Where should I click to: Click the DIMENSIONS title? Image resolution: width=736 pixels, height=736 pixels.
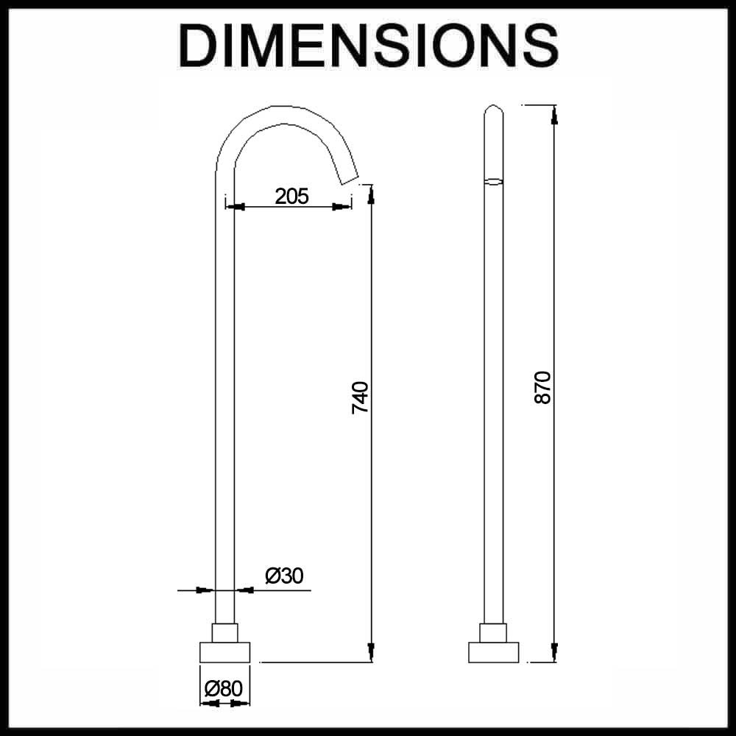click(x=369, y=46)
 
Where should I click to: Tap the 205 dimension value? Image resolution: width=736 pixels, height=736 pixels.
click(x=291, y=197)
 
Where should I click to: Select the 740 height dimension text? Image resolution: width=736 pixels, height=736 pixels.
click(x=361, y=397)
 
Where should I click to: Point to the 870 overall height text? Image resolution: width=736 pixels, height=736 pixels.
click(x=542, y=387)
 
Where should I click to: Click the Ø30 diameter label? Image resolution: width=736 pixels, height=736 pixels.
click(x=284, y=576)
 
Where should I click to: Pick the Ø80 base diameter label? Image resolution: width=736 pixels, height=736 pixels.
click(x=224, y=689)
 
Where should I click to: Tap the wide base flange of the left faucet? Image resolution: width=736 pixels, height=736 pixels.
click(x=224, y=652)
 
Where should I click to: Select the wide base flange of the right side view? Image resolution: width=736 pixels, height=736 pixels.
click(x=493, y=652)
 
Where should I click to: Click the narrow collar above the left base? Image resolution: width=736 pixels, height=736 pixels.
click(x=224, y=633)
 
